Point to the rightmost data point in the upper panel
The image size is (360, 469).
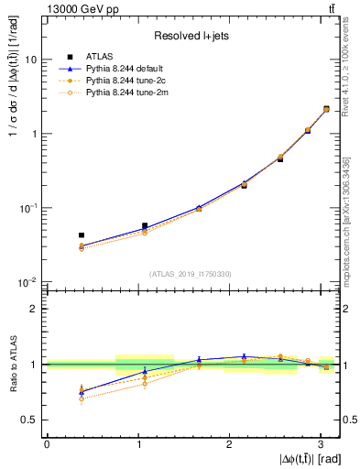pos(326,109)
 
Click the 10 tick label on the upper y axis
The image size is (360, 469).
pos(31,60)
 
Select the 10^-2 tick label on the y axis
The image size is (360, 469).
pos(27,282)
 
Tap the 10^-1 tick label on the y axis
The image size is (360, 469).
pos(27,208)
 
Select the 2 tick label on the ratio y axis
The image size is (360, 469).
pos(34,309)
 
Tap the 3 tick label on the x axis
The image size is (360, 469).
pos(320,444)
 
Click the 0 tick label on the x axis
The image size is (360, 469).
pos(47,444)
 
